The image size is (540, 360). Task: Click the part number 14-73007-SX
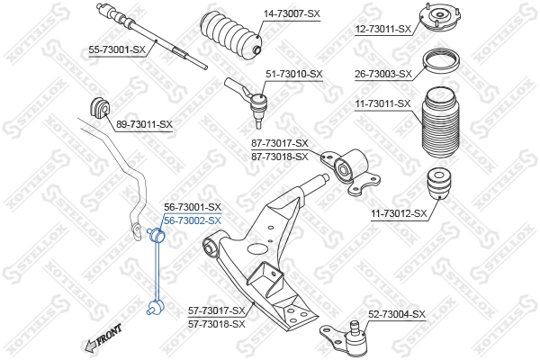coord(292,14)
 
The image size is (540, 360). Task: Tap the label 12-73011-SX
coord(382,29)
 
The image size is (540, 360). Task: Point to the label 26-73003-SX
coord(382,74)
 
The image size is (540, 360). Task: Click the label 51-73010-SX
coord(292,74)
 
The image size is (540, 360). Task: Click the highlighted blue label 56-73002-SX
coord(192,220)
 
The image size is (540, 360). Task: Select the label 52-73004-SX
coord(397,314)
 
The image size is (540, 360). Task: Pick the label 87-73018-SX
coord(279,156)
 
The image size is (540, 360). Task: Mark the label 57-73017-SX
coord(217,310)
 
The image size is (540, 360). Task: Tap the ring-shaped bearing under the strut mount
coord(441,63)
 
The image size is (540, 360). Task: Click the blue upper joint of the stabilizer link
coord(155,236)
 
